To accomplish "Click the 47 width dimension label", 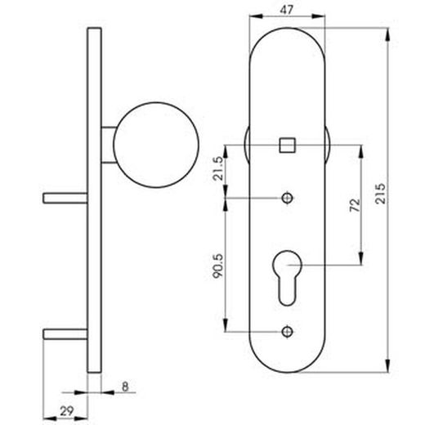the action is [287, 10].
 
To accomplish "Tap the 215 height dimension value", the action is [380, 194].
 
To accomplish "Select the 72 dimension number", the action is [355, 205].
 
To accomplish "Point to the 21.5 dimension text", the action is [218, 168].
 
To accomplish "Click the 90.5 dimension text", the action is [217, 266].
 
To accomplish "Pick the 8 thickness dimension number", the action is [125, 387].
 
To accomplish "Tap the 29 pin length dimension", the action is [67, 411].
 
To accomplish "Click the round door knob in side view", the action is [156, 145].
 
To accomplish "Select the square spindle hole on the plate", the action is [287, 145].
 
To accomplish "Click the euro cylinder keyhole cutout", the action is [287, 277].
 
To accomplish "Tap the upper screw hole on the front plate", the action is [287, 198].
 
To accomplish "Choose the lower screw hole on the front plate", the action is [287, 332].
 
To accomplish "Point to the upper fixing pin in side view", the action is [65, 198].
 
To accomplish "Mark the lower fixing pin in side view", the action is [65, 334].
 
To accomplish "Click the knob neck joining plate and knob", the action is [108, 145].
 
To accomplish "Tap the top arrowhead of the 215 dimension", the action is [388, 34].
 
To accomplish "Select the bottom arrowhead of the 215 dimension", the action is [388, 365].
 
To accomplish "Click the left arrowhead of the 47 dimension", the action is [256, 16].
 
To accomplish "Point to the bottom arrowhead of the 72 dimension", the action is [361, 258].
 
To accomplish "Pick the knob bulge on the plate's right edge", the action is [328, 145].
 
